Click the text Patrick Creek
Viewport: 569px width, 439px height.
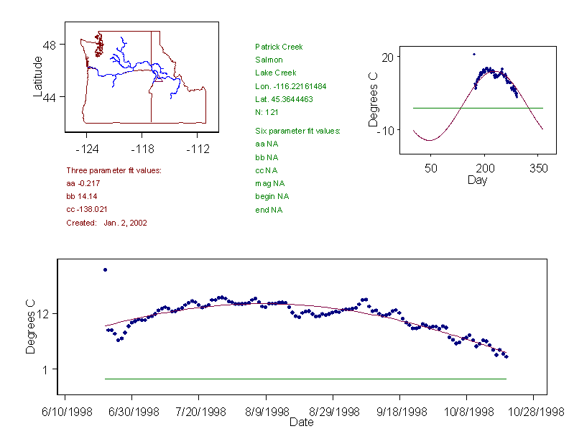(x=279, y=47)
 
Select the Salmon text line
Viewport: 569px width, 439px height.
(x=269, y=60)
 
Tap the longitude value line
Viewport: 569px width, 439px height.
(x=290, y=86)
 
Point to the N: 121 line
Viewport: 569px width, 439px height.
(x=267, y=112)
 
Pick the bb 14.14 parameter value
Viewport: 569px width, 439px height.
(x=82, y=197)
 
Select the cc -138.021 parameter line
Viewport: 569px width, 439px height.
(x=87, y=210)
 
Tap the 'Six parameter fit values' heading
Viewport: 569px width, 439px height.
(x=297, y=131)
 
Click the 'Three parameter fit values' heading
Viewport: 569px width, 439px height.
(x=114, y=170)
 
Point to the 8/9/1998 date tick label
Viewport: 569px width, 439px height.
(x=266, y=412)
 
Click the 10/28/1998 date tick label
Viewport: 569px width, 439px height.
(x=533, y=412)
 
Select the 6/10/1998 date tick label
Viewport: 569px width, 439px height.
(x=66, y=412)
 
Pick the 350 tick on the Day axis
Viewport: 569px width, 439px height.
(x=539, y=168)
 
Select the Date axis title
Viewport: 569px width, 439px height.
(x=301, y=422)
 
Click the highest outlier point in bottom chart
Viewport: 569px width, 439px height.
(x=105, y=269)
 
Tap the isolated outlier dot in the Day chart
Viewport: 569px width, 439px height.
(x=474, y=54)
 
